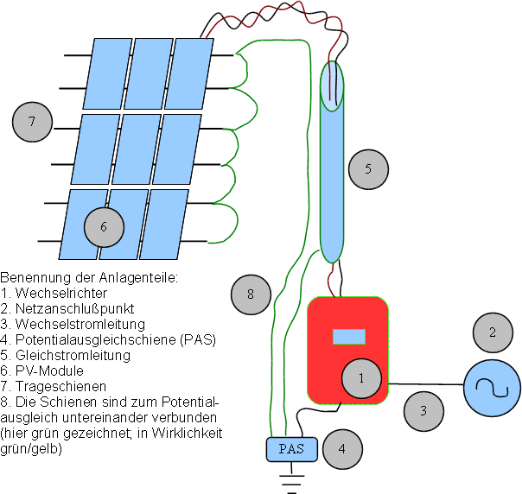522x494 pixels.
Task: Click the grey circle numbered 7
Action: click(x=32, y=122)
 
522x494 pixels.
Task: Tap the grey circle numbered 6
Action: click(x=104, y=227)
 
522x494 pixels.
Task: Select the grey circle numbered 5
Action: click(x=367, y=168)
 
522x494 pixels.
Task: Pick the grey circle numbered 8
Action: click(x=251, y=294)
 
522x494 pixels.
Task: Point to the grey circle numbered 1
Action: click(x=361, y=377)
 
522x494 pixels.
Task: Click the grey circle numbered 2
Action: click(x=493, y=332)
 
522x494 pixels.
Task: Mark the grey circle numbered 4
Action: click(x=342, y=448)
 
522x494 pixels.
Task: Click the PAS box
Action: click(x=291, y=448)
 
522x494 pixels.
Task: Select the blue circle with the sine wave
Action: click(x=492, y=388)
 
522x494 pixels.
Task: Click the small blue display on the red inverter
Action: click(x=349, y=335)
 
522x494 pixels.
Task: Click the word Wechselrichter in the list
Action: click(x=53, y=293)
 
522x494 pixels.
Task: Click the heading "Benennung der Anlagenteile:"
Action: click(x=88, y=277)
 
